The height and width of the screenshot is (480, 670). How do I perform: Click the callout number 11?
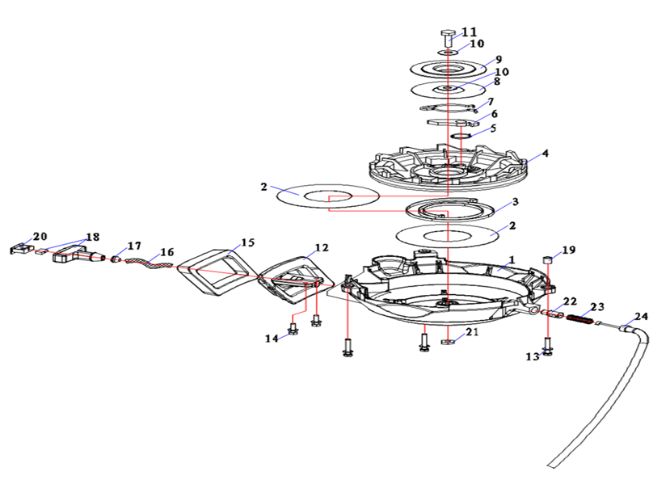point(470,32)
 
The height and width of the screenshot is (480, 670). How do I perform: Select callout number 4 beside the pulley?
point(546,153)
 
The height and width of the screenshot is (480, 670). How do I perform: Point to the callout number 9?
point(499,59)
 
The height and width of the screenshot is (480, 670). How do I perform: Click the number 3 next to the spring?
point(514,201)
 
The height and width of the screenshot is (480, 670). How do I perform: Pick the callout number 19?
point(569,251)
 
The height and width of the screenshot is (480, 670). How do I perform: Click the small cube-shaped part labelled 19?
point(547,259)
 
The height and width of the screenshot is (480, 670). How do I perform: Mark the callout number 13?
point(532,356)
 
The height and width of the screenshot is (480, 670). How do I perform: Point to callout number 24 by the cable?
point(641,317)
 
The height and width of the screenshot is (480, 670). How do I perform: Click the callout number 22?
point(569,301)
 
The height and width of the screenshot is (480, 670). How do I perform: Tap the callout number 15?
point(247,242)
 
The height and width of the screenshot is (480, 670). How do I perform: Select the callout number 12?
point(322,247)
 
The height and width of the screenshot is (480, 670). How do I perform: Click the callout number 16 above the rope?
point(166,252)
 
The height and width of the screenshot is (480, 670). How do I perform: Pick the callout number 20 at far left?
point(40,236)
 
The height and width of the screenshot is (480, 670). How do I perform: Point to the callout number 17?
point(133,245)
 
